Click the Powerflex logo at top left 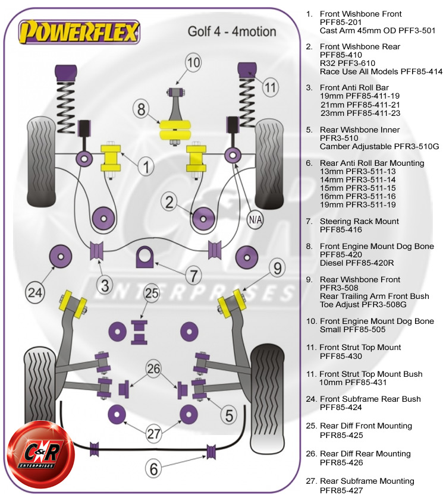coord(78,32)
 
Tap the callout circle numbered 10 coord(193,62)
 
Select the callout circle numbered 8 coord(141,109)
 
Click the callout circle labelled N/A coord(255,219)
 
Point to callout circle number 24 coord(36,291)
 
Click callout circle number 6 coord(153,470)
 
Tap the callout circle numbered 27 coord(154,433)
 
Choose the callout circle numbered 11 coord(271,88)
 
